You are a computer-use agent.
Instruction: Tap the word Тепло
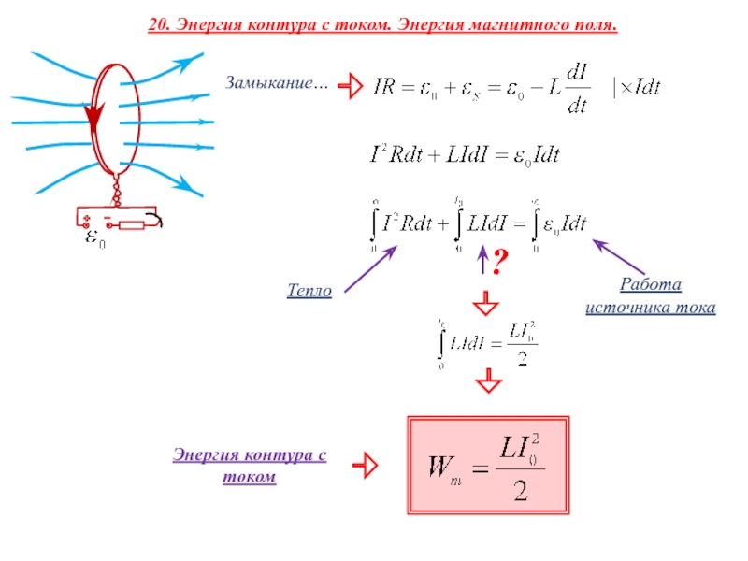(309, 292)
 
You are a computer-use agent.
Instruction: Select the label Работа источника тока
(651, 295)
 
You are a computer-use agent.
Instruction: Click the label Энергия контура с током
(250, 465)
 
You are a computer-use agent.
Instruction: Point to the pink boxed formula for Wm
(488, 464)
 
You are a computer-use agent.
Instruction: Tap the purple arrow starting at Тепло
(370, 269)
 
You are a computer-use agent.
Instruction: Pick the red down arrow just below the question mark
(484, 304)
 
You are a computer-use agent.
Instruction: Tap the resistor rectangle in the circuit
(131, 223)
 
